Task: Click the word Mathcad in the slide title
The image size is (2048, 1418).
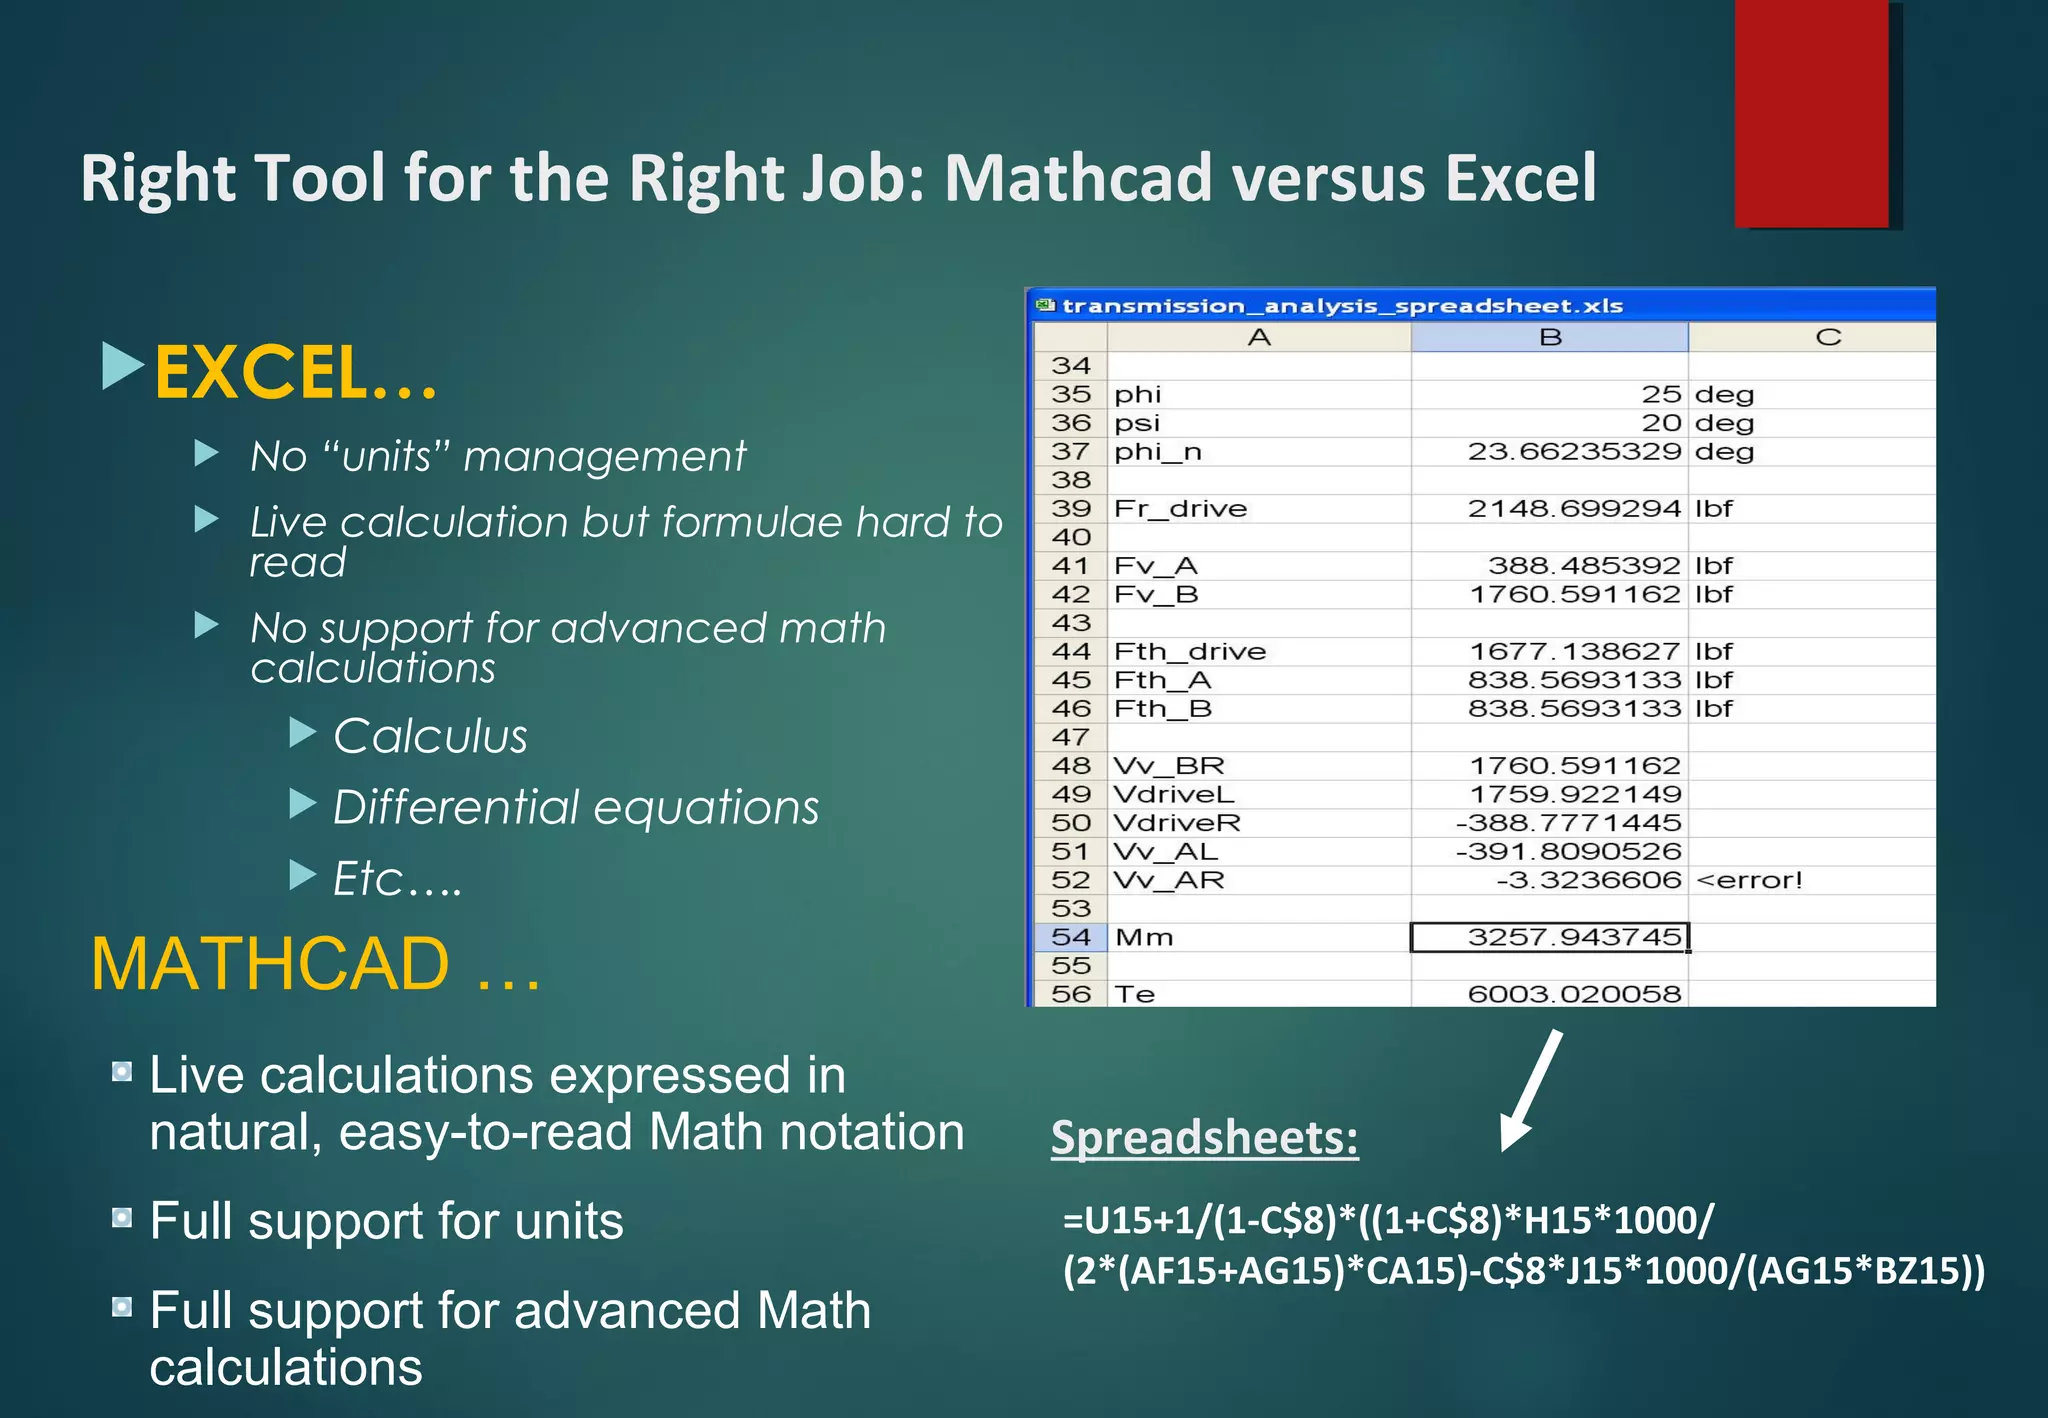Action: click(1078, 179)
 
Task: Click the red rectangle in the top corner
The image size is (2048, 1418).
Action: click(1812, 112)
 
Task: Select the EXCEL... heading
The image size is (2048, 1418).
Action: click(296, 372)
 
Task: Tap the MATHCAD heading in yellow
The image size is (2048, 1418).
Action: click(270, 964)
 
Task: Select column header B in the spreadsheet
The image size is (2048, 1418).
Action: click(1549, 337)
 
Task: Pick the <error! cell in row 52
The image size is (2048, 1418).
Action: click(1749, 880)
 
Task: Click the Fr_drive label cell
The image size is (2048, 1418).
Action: click(1180, 508)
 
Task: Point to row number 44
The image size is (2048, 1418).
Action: click(1070, 651)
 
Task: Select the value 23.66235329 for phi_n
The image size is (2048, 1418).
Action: click(1574, 451)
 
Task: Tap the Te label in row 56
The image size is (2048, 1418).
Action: click(1135, 994)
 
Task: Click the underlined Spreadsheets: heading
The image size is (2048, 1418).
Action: click(1204, 1138)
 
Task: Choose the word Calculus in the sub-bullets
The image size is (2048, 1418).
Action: click(430, 737)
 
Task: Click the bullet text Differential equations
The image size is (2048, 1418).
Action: click(576, 808)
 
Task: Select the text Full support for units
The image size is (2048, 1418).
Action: click(386, 1221)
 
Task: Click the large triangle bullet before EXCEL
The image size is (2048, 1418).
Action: click(123, 366)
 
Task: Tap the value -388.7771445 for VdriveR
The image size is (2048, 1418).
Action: click(1568, 823)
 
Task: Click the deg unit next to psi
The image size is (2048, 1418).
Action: click(1724, 423)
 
